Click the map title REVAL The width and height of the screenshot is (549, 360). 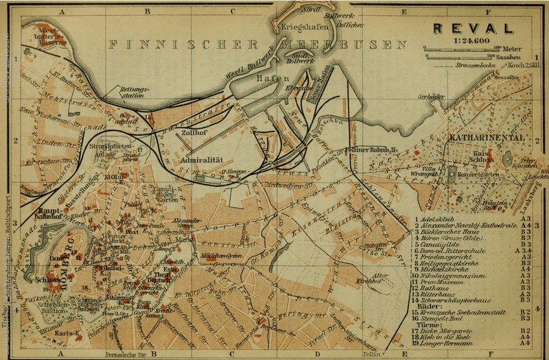point(473,29)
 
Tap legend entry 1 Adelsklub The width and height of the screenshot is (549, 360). point(439,217)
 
